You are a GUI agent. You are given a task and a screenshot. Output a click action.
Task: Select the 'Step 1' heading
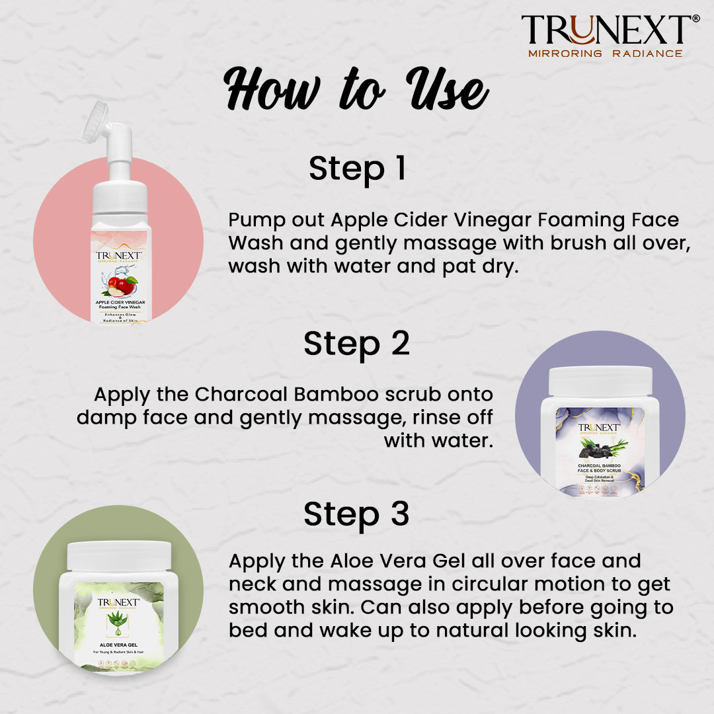tap(357, 169)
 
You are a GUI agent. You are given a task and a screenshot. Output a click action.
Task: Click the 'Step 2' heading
tap(356, 344)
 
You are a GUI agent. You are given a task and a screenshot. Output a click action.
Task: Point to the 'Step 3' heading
tap(356, 514)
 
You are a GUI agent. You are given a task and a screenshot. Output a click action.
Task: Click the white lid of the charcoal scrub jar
tap(600, 381)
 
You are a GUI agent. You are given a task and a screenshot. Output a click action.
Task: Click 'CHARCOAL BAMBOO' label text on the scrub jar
tap(600, 465)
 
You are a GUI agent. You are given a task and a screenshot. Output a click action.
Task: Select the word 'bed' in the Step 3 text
tap(248, 631)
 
